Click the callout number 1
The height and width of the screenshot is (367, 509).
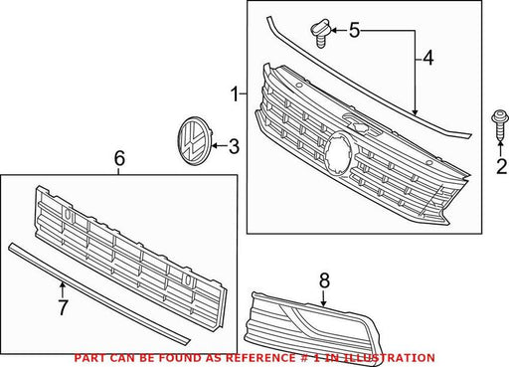point(235,93)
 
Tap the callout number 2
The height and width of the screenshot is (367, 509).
point(502,166)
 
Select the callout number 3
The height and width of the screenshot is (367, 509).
point(234,146)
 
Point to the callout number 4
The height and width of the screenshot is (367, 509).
point(428,58)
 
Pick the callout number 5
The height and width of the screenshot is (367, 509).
point(354,30)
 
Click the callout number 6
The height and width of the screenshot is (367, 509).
point(119,158)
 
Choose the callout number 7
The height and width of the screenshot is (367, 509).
point(63,307)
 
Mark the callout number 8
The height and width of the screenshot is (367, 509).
point(324,280)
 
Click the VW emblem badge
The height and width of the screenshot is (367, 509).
point(195,140)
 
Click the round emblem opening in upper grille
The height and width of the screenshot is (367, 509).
point(338,154)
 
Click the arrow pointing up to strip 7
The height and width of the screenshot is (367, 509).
point(62,290)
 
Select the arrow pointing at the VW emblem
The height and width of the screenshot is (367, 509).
point(220,145)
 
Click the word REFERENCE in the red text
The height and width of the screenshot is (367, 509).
point(260,358)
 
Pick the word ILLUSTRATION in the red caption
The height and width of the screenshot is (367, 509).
point(389,358)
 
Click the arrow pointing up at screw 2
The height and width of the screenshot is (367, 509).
point(500,149)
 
